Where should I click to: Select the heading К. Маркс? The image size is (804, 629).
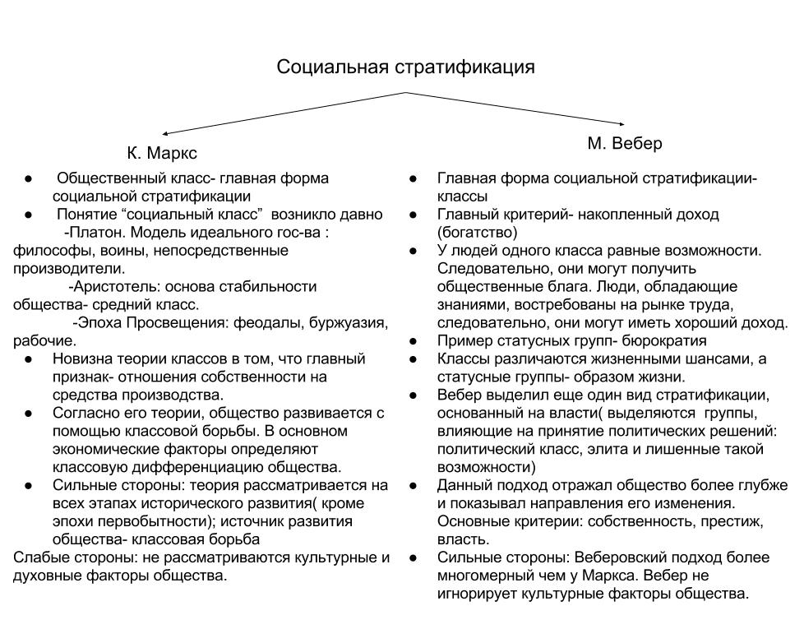click(162, 154)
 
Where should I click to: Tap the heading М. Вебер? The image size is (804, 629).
click(625, 143)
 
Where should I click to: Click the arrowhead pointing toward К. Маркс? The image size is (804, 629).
click(165, 132)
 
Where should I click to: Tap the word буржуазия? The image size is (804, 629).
click(349, 322)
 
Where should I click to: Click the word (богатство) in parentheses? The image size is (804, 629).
click(477, 232)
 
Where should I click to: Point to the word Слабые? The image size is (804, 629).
click(39, 557)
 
